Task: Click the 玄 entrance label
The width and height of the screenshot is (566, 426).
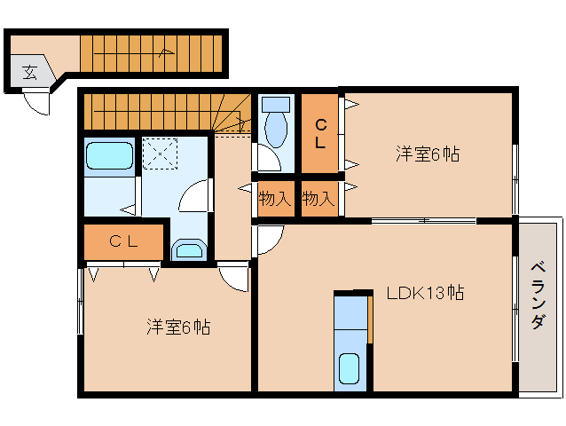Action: click(x=30, y=73)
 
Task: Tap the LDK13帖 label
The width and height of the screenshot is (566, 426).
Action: click(x=426, y=292)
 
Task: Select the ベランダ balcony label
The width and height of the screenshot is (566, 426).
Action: click(x=538, y=296)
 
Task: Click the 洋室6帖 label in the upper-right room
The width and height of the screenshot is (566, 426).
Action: click(x=427, y=154)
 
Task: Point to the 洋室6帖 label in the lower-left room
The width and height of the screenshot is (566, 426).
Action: click(x=178, y=327)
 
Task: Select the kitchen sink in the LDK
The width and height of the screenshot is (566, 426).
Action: click(x=350, y=367)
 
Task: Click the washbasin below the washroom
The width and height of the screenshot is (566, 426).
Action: click(x=188, y=249)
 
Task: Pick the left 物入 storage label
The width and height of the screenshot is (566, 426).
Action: click(x=275, y=198)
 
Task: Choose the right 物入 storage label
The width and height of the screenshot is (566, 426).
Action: click(x=318, y=198)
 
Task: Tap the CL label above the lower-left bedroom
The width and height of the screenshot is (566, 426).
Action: click(x=123, y=241)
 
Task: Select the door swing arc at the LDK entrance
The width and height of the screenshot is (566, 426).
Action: click(x=269, y=237)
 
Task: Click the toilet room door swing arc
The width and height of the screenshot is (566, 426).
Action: click(x=263, y=158)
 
